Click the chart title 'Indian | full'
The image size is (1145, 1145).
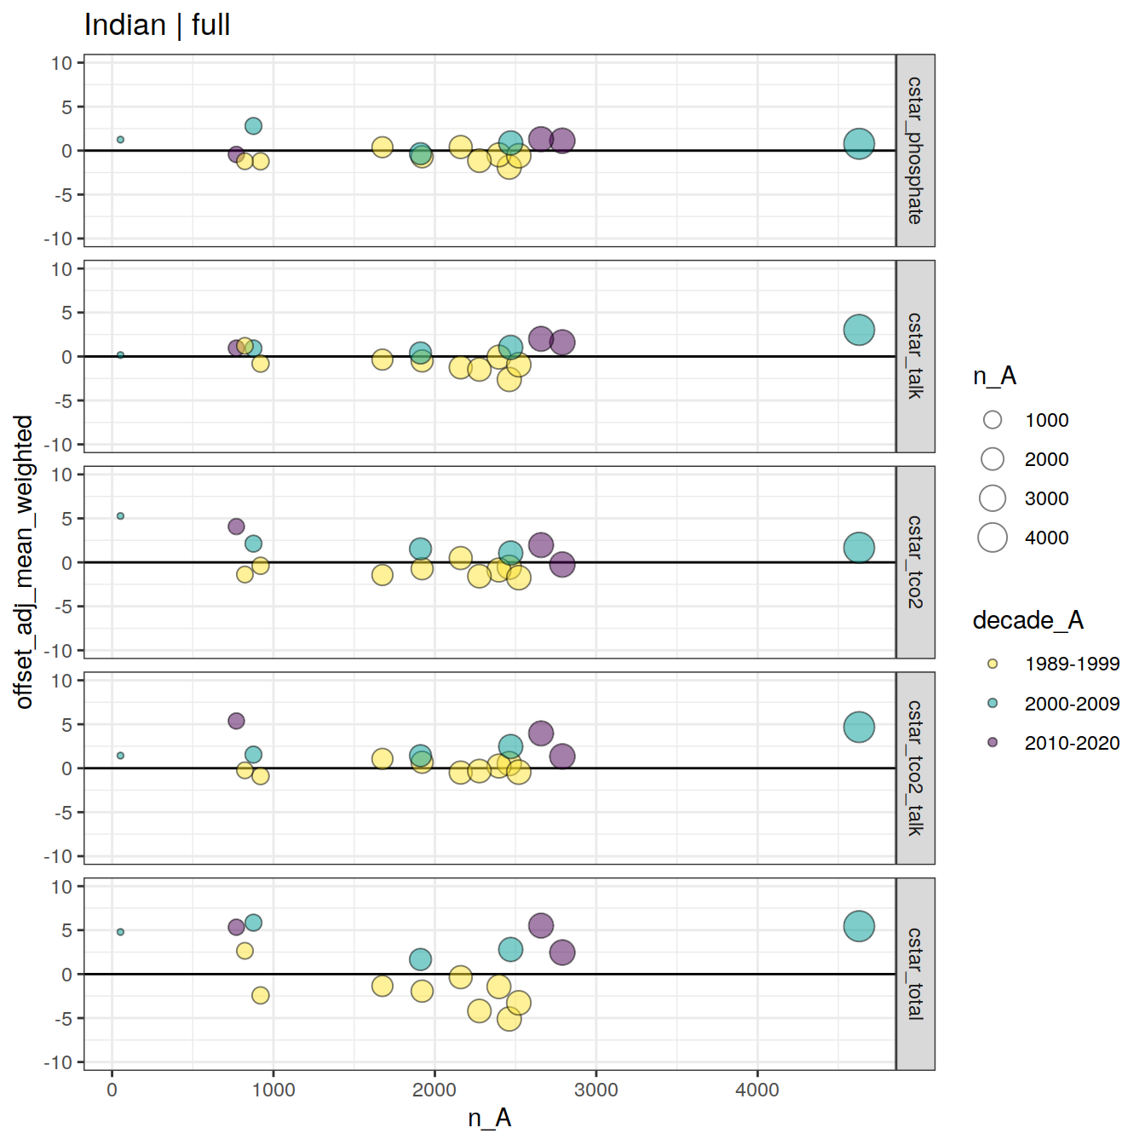coord(157,26)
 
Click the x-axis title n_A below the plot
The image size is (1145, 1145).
coord(489,1117)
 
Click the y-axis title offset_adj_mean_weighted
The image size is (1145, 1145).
coord(24,562)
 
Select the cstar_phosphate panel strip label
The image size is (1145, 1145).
coord(915,151)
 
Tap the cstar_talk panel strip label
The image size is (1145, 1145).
coord(915,356)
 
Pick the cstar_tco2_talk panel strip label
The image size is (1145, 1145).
coord(915,768)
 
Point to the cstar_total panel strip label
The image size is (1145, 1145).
coord(915,974)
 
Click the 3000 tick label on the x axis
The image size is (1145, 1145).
coord(596,1090)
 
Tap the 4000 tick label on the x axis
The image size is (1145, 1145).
coord(757,1090)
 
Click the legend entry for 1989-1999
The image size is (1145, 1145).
coord(1072,664)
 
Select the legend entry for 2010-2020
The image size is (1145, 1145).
coord(1072,743)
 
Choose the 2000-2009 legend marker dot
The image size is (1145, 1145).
coord(993,704)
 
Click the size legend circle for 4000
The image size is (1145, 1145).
coord(993,538)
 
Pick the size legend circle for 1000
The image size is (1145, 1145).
coord(993,420)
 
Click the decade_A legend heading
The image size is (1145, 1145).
coord(1027,620)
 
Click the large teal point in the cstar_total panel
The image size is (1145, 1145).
coord(859,926)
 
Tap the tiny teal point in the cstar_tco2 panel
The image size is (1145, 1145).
coord(120,516)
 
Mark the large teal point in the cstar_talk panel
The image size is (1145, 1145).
coord(859,330)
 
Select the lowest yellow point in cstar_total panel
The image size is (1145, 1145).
coord(509,1019)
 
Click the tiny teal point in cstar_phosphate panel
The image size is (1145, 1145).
coord(120,140)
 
